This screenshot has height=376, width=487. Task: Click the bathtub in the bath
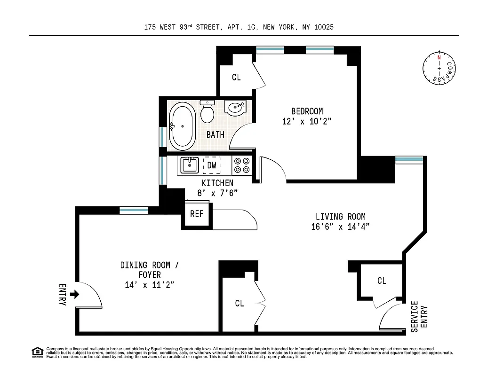click(182, 125)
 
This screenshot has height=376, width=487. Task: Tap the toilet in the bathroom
click(207, 111)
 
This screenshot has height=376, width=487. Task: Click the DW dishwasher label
click(212, 165)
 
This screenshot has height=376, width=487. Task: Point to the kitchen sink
click(190, 165)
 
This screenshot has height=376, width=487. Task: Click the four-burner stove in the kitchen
click(242, 165)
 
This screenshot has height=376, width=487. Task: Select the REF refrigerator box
click(197, 214)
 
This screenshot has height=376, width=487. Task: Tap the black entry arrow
click(74, 295)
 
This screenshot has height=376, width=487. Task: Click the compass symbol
click(439, 69)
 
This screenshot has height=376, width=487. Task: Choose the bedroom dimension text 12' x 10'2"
click(307, 121)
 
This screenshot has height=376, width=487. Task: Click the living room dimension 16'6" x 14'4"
click(340, 227)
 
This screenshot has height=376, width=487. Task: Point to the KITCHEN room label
click(217, 183)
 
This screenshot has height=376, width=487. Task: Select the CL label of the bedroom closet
click(236, 78)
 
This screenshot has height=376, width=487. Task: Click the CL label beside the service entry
click(382, 281)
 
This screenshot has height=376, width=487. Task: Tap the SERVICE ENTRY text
click(420, 316)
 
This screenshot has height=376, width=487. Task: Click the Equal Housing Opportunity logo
click(37, 352)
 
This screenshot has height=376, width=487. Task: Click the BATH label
click(216, 135)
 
